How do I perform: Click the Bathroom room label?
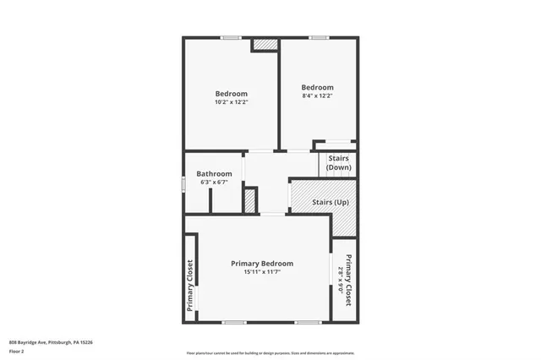click(214, 174)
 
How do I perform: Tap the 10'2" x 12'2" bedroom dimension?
click(231, 102)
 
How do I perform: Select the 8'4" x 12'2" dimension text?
click(318, 95)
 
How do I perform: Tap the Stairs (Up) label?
click(330, 203)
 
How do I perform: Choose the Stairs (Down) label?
click(338, 162)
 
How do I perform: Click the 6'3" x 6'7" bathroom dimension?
click(214, 183)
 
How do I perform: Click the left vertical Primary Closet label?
click(190, 286)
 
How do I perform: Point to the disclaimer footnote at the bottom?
click(270, 352)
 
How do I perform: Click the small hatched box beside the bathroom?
click(249, 200)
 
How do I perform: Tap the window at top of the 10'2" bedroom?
click(231, 37)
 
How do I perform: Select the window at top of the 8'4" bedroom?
click(318, 37)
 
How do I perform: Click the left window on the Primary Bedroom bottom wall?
click(233, 322)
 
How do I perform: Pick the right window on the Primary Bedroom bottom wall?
click(308, 322)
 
